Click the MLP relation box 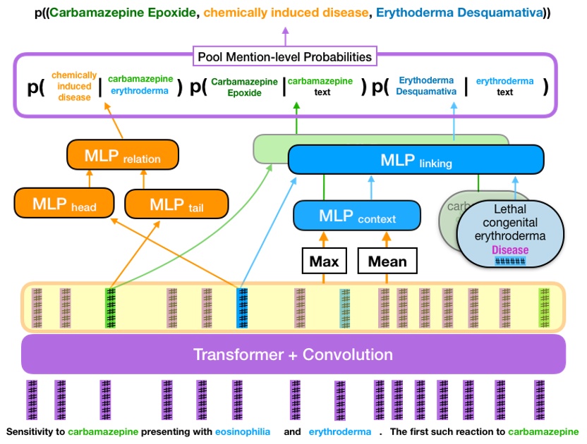[123, 155]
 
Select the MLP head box [65, 204]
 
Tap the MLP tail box [176, 204]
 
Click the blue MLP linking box [416, 160]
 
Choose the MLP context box [356, 216]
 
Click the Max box [324, 261]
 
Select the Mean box [387, 261]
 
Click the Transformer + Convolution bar [293, 354]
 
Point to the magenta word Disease [509, 250]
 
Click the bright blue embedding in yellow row [242, 308]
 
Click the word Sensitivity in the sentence [29, 431]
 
